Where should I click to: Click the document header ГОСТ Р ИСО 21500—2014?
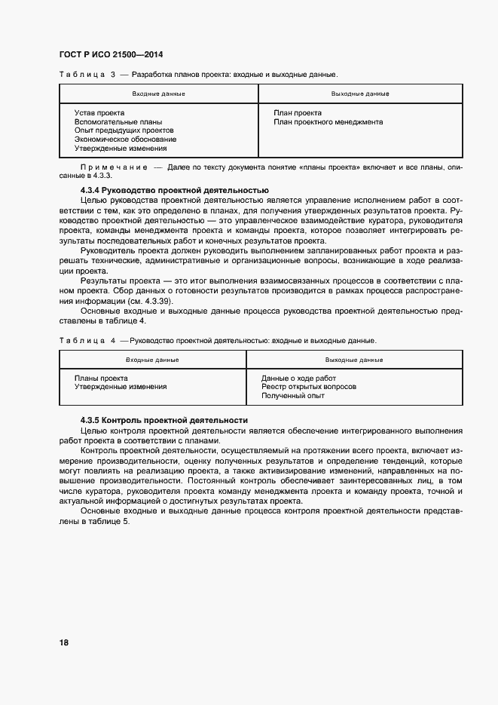pyautogui.click(x=111, y=55)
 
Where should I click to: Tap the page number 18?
pyautogui.click(x=64, y=642)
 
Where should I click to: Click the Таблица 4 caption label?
pyautogui.click(x=87, y=341)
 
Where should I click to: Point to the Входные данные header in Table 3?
pyautogui.click(x=158, y=93)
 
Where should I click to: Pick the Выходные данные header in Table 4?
pyautogui.click(x=354, y=360)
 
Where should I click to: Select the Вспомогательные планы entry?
pyautogui.click(x=118, y=122)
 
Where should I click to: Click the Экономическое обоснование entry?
pyautogui.click(x=125, y=139)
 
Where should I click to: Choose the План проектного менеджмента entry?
pyautogui.click(x=328, y=122)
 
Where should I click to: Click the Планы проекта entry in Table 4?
pyautogui.click(x=101, y=378)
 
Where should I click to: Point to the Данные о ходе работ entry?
pyautogui.click(x=298, y=378)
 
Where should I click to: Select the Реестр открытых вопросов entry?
pyautogui.click(x=309, y=387)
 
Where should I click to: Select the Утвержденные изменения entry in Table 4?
pyautogui.click(x=121, y=387)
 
